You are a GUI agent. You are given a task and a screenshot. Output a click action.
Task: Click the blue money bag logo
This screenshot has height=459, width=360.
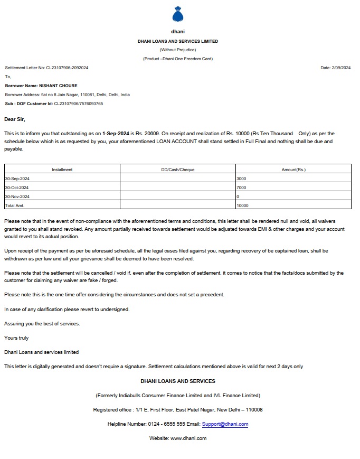[178, 15]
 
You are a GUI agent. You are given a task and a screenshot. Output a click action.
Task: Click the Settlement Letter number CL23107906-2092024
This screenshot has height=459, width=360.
[67, 68]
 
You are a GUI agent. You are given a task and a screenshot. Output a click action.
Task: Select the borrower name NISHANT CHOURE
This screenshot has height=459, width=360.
[58, 86]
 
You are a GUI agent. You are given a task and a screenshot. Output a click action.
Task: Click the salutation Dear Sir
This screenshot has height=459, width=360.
[15, 119]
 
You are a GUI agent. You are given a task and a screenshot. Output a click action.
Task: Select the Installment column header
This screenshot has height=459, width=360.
[62, 170]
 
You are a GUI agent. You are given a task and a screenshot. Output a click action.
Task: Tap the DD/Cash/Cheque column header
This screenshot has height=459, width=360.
[178, 170]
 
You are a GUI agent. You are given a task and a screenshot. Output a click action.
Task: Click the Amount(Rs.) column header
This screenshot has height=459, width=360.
[293, 170]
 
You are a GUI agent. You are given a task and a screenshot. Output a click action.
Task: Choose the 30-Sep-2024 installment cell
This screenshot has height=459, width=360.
[17, 179]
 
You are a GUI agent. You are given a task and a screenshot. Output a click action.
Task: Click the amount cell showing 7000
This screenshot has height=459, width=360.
[242, 188]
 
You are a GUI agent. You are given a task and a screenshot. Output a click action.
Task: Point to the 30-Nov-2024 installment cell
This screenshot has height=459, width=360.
[17, 196]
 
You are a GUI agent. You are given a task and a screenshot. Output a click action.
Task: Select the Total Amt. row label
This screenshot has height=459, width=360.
[15, 205]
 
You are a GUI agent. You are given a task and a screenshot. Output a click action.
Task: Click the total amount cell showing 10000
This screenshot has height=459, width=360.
[243, 205]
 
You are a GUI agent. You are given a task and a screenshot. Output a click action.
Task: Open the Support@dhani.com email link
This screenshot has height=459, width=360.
[225, 424]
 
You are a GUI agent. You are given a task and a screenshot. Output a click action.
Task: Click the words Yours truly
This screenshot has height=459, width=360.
[16, 338]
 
